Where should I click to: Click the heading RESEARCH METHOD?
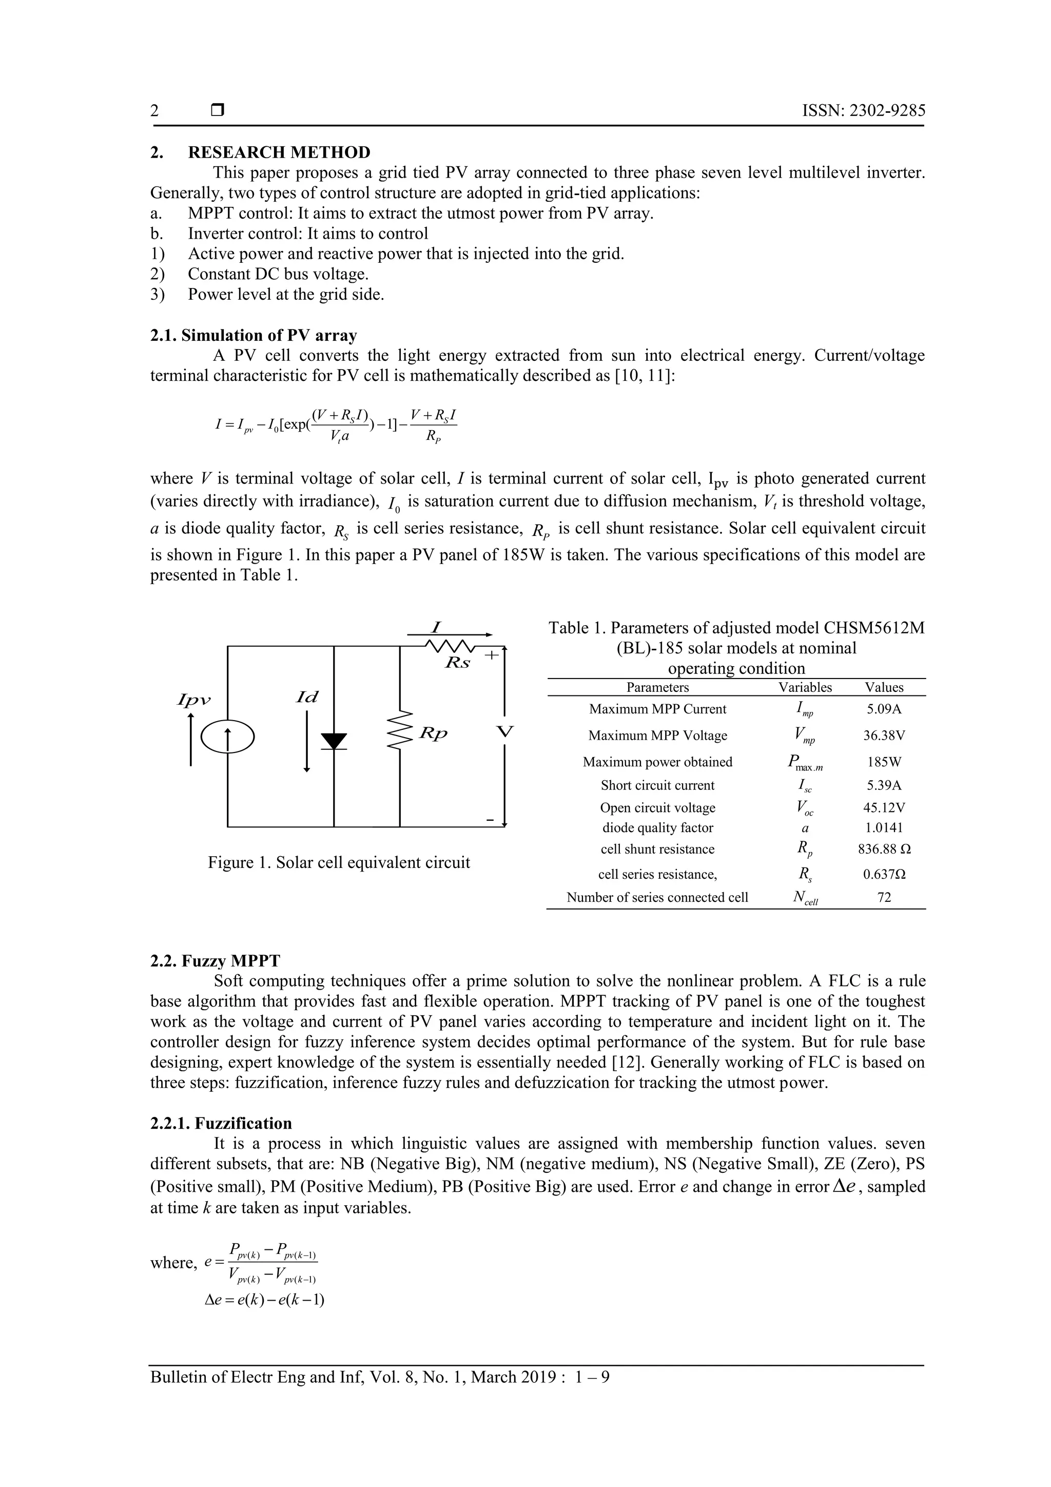279,152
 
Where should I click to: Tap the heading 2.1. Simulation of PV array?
253,336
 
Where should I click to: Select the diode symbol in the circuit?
334,741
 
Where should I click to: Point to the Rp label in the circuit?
433,734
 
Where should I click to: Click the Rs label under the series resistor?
457,664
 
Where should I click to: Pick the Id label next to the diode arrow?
307,697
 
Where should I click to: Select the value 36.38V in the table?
884,736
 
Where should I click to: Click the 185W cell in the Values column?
884,762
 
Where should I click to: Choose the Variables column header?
805,688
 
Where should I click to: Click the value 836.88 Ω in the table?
884,849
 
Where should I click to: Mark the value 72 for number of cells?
884,898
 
